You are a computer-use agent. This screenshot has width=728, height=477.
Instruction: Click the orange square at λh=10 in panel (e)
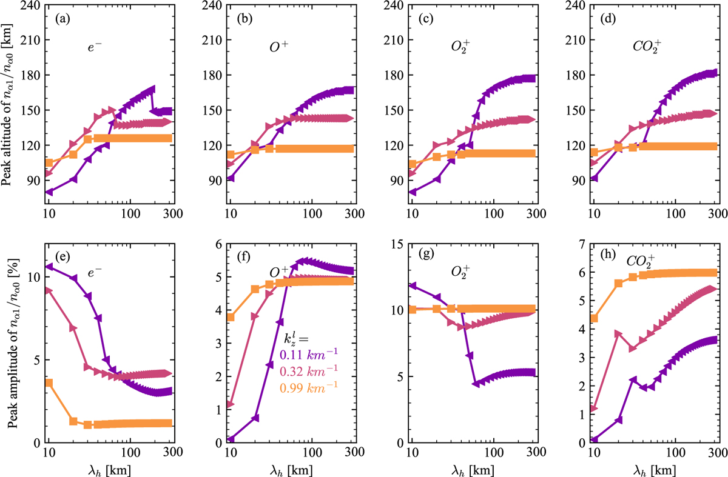[x=49, y=382]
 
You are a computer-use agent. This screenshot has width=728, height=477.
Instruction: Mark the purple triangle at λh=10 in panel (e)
[x=49, y=267]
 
